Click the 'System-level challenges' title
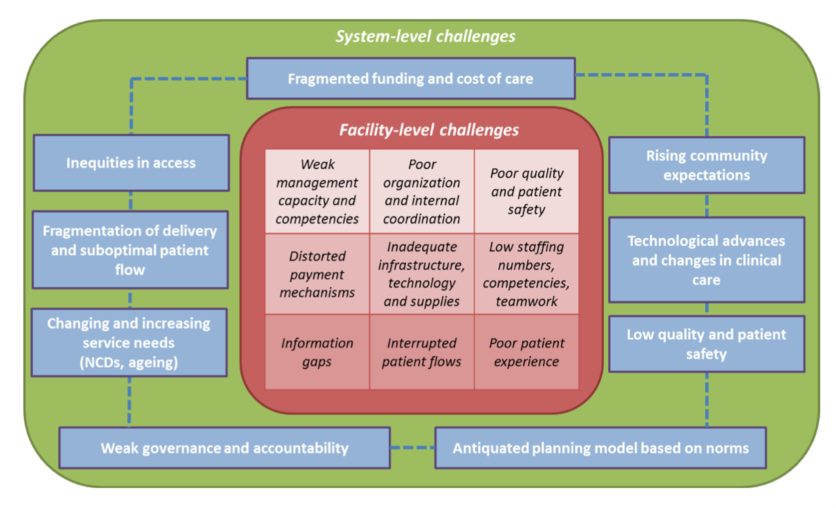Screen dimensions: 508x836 tap(425, 36)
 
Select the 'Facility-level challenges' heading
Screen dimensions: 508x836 tap(429, 129)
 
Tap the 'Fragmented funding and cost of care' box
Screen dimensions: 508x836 tap(411, 78)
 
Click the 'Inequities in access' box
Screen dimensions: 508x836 tap(131, 163)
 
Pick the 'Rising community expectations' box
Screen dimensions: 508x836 tap(706, 165)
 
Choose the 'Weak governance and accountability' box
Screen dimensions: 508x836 tap(224, 448)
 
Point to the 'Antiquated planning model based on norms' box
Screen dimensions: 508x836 tap(600, 448)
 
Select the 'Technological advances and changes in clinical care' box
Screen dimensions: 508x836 tap(706, 260)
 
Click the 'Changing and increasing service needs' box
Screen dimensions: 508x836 tap(128, 343)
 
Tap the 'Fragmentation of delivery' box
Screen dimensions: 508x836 tap(130, 250)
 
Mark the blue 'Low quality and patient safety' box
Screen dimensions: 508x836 tap(706, 344)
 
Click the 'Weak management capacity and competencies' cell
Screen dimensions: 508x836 tap(317, 192)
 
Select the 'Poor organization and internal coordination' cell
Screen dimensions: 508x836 tap(421, 192)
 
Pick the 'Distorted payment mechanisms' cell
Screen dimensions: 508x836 tap(317, 274)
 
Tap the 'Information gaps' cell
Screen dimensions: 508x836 tap(317, 352)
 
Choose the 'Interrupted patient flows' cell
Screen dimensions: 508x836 tap(421, 352)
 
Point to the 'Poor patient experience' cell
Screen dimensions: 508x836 tap(527, 352)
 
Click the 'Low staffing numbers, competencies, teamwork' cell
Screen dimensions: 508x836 tap(527, 274)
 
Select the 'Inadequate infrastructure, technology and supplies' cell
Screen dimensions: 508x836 tap(421, 274)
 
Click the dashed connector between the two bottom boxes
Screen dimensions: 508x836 tap(413, 447)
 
